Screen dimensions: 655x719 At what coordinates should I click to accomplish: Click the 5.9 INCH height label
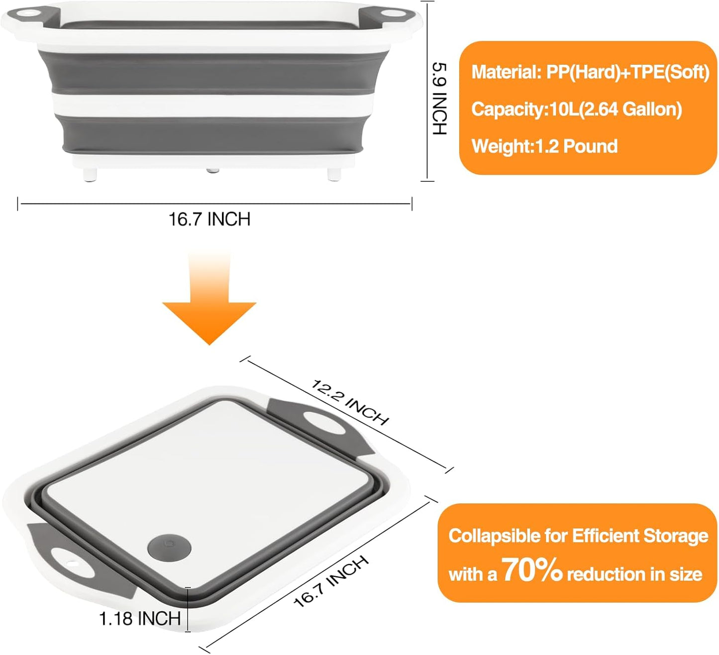(x=439, y=98)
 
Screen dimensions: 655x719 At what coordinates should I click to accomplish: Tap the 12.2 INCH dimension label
(x=350, y=403)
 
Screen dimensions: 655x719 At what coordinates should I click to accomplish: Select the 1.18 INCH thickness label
(x=140, y=619)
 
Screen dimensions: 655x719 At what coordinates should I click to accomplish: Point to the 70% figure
(x=532, y=570)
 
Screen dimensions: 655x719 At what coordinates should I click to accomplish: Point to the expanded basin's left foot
(x=90, y=174)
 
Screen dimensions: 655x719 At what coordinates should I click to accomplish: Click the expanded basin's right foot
(x=333, y=174)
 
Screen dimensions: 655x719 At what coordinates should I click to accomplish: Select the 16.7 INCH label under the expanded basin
(x=209, y=219)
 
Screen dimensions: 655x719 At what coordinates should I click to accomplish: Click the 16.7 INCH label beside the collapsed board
(x=331, y=581)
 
